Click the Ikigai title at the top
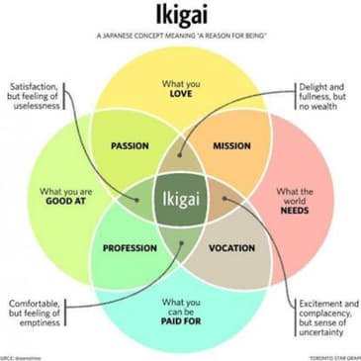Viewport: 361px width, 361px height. [x=180, y=17]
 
